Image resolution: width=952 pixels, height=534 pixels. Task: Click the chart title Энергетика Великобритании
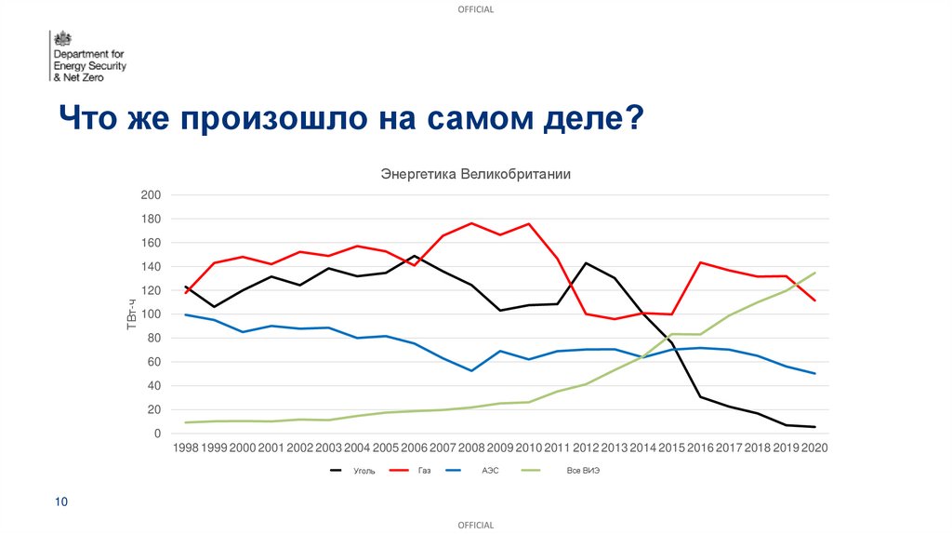click(x=474, y=174)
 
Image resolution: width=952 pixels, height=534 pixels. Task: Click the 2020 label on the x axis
click(x=814, y=448)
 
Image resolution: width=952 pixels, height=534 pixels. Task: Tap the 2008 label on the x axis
click(x=472, y=448)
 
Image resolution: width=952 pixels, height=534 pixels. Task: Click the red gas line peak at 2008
click(x=472, y=223)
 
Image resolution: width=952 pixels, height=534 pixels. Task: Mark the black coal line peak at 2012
click(x=586, y=263)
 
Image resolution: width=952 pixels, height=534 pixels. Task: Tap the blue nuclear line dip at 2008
click(x=472, y=370)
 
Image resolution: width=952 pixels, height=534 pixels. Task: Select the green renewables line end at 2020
click(x=815, y=273)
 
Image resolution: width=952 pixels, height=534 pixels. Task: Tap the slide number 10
click(x=61, y=502)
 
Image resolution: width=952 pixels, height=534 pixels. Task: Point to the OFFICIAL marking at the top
click(x=476, y=9)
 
